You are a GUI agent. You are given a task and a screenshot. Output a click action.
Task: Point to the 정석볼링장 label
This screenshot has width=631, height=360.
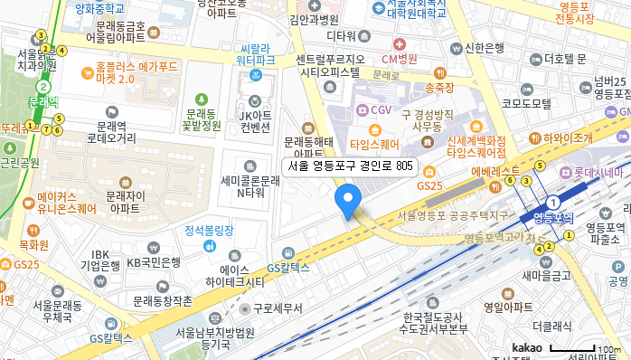[210, 230]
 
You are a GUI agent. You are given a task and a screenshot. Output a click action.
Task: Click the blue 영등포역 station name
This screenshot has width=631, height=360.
[554, 218]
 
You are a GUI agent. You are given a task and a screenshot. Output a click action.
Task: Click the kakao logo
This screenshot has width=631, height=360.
[526, 348]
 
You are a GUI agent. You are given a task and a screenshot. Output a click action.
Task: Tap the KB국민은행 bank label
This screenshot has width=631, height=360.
[153, 262]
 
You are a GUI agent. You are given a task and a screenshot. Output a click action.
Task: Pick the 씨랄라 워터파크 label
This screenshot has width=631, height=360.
[255, 53]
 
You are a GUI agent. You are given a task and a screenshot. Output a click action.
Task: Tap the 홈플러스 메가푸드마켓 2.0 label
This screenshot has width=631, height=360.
[135, 72]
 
